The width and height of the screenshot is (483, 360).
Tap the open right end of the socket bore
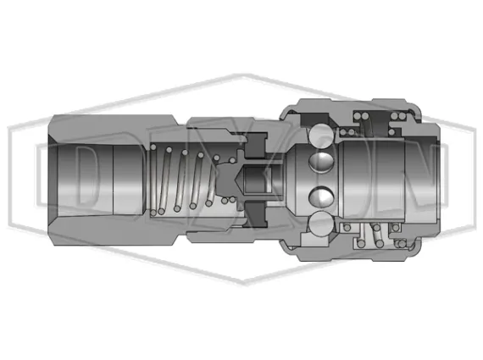click(424, 180)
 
